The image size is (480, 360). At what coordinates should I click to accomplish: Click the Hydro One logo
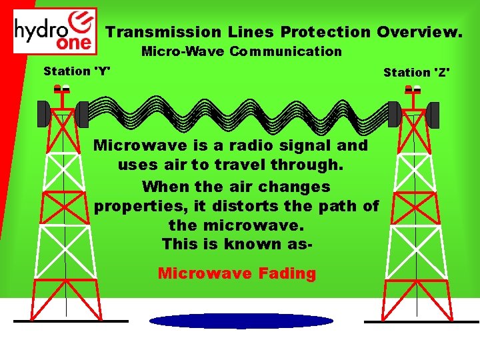55,31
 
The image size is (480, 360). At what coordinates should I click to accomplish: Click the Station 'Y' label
77,71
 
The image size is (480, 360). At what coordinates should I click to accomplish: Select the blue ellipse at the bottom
241,321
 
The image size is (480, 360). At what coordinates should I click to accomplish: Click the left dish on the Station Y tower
43,113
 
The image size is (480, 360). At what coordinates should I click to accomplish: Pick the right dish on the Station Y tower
82,114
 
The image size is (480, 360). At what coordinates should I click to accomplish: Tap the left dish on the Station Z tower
395,114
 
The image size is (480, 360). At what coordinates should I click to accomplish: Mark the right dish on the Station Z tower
433,115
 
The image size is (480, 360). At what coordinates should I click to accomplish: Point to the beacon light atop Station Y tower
62,88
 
